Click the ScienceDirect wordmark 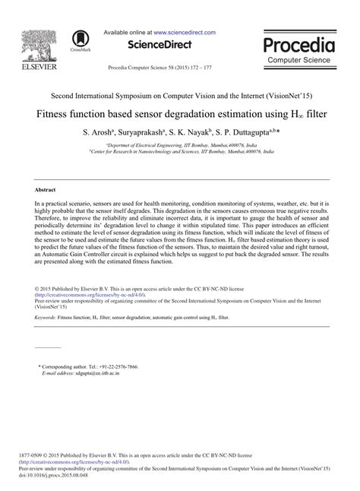pyautogui.click(x=159, y=44)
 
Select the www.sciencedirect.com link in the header pyautogui.click(x=185, y=33)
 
